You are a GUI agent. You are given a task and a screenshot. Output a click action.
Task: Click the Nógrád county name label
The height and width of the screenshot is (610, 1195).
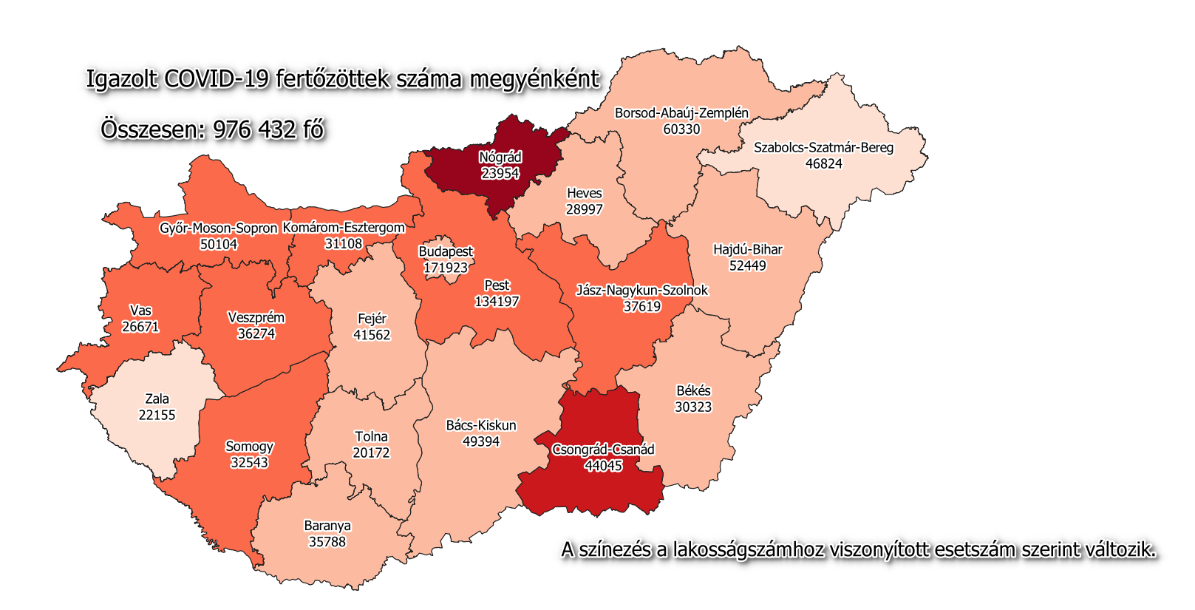(500, 157)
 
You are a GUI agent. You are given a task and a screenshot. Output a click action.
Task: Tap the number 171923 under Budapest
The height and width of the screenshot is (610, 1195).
(446, 268)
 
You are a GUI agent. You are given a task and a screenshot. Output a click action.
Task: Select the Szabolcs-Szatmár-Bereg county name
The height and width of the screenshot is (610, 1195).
(823, 148)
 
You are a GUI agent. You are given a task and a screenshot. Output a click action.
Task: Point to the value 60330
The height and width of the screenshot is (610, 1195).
(681, 129)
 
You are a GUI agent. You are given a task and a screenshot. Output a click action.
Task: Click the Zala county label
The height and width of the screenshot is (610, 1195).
(157, 399)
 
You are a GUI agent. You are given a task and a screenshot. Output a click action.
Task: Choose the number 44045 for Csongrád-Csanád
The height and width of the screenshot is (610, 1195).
(603, 466)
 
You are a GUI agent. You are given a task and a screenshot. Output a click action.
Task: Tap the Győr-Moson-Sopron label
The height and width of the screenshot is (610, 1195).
(218, 228)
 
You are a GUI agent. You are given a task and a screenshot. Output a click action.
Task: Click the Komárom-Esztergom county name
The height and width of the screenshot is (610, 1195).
(344, 228)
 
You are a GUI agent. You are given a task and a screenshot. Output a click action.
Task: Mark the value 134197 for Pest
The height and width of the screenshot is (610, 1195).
(497, 302)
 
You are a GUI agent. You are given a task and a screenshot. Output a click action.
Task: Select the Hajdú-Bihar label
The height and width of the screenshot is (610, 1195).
(747, 250)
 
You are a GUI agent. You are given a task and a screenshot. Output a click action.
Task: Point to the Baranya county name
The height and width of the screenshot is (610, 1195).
(327, 526)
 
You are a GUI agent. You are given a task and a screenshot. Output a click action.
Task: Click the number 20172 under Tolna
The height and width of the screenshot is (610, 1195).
(371, 453)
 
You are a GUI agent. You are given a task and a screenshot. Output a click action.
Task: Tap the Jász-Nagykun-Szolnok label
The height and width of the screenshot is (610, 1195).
(641, 291)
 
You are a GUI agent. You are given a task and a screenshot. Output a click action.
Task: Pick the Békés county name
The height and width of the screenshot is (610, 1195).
(693, 391)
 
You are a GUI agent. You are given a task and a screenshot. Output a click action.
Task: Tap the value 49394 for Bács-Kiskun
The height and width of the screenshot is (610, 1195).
(481, 442)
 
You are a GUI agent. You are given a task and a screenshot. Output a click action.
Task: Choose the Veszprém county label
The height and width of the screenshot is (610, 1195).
(256, 318)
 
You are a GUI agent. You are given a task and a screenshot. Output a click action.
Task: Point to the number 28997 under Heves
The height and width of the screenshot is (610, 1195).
(585, 210)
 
